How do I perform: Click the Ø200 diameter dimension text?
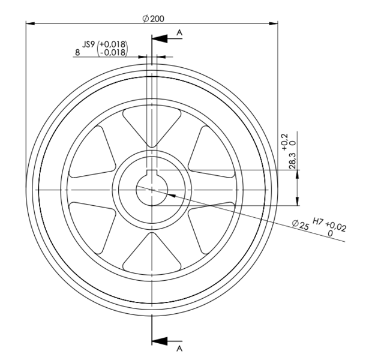pyautogui.click(x=154, y=19)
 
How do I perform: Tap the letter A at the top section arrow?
pyautogui.click(x=179, y=32)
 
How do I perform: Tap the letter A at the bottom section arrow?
pyautogui.click(x=179, y=349)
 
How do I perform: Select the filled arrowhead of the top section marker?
pyautogui.click(x=160, y=38)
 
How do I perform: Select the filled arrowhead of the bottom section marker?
pyautogui.click(x=160, y=341)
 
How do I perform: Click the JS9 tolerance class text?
pyautogui.click(x=88, y=44)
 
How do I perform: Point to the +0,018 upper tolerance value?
pyautogui.click(x=112, y=44)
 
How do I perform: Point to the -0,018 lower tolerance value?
pyautogui.click(x=113, y=52)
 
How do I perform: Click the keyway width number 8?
pyautogui.click(x=77, y=52)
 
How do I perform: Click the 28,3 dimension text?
pyautogui.click(x=292, y=161)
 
